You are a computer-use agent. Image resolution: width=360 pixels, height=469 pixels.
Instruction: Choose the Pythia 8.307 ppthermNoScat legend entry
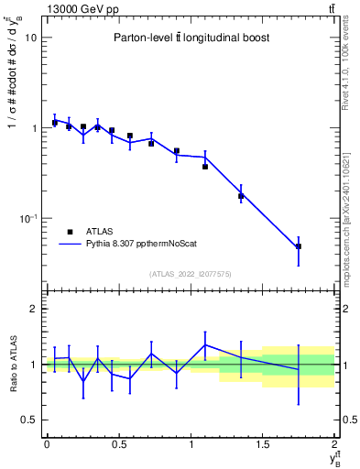[129, 245]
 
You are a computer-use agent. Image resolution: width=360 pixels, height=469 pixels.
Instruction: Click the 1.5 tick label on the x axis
[263, 445]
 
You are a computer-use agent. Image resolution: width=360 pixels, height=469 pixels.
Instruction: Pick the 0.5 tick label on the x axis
[119, 445]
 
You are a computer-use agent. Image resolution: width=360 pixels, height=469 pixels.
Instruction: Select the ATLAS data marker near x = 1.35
[241, 196]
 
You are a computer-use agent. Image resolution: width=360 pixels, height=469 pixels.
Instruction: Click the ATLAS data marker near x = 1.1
[205, 167]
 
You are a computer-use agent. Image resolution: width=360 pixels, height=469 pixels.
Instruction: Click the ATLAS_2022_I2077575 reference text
[191, 273]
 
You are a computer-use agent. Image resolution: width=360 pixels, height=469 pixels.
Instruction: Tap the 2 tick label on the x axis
[335, 445]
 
